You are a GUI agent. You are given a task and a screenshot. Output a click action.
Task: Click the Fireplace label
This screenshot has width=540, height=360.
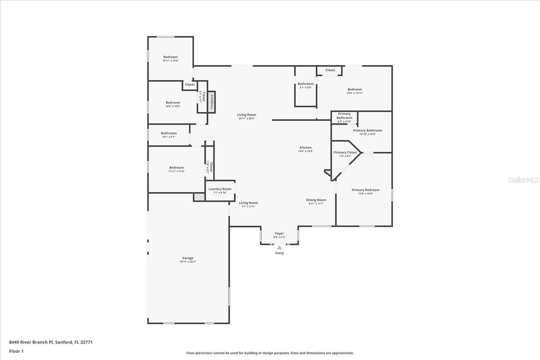pyautogui.click(x=212, y=102)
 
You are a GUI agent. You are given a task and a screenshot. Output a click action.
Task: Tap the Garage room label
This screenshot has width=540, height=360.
pyautogui.click(x=188, y=258)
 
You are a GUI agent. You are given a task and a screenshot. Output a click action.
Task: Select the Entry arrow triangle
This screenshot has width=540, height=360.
pyautogui.click(x=279, y=248)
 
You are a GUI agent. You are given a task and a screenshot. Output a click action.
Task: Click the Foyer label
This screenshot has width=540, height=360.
pyautogui.click(x=279, y=233)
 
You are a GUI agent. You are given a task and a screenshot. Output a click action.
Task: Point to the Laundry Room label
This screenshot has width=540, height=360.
pyautogui.click(x=220, y=189)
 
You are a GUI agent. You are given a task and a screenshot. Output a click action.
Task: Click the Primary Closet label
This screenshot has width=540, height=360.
pyautogui.click(x=345, y=153)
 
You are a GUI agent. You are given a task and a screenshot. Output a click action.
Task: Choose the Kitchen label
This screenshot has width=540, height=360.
pyautogui.click(x=305, y=147)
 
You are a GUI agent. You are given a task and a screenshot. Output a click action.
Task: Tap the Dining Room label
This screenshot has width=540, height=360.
pyautogui.click(x=316, y=200)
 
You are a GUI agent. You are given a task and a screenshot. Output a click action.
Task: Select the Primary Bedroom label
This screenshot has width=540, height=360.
pyautogui.click(x=366, y=190)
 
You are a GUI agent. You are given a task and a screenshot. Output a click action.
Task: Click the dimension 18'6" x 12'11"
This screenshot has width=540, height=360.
pyautogui.click(x=355, y=93)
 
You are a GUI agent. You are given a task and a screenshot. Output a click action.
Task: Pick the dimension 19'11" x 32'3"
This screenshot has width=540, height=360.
pyautogui.click(x=188, y=262)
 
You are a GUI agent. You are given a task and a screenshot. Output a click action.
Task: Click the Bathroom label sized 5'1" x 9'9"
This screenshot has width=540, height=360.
pyautogui.click(x=305, y=84)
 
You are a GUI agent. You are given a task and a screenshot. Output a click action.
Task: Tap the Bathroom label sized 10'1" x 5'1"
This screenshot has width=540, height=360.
pyautogui.click(x=169, y=133)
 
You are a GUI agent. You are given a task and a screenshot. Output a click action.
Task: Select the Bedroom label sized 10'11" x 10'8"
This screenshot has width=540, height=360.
pyautogui.click(x=170, y=57)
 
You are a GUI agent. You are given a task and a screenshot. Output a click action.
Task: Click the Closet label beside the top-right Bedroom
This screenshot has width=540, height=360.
pyautogui.click(x=330, y=70)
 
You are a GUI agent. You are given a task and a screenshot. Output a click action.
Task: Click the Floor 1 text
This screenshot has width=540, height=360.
pyautogui.click(x=16, y=351)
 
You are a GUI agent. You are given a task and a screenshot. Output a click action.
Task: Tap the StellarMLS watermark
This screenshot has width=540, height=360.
pyautogui.click(x=523, y=180)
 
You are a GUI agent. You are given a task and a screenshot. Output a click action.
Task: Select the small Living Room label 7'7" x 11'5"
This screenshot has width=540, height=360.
pyautogui.click(x=248, y=203)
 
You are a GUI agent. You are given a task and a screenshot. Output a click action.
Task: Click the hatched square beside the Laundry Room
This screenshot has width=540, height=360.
pyautogui.click(x=199, y=197)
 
